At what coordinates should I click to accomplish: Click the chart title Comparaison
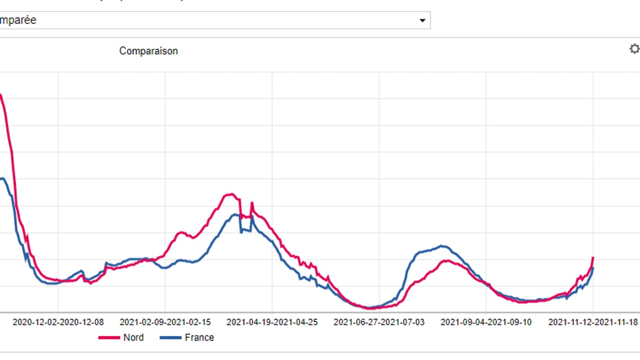point(148,51)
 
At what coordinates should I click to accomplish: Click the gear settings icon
point(634,49)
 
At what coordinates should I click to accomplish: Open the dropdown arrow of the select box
point(422,21)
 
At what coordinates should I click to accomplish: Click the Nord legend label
point(133,338)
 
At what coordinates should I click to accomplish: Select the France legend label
point(199,338)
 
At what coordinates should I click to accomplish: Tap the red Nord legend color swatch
point(109,338)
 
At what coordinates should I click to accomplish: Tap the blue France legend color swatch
point(171,338)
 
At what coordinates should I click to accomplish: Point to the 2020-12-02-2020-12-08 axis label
point(58,322)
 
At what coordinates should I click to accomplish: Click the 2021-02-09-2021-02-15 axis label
point(165,322)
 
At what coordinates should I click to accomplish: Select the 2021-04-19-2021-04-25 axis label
point(272,322)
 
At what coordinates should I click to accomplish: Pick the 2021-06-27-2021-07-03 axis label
point(379,322)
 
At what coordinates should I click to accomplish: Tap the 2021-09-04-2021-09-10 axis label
point(486,322)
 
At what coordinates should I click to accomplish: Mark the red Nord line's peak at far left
point(1,94)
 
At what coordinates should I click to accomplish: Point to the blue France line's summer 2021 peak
point(443,246)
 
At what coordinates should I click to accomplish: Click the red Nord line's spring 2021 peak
point(231,194)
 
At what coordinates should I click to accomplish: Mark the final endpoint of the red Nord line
point(593,258)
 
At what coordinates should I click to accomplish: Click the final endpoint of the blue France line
point(593,268)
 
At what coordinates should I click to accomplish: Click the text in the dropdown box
point(18,21)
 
